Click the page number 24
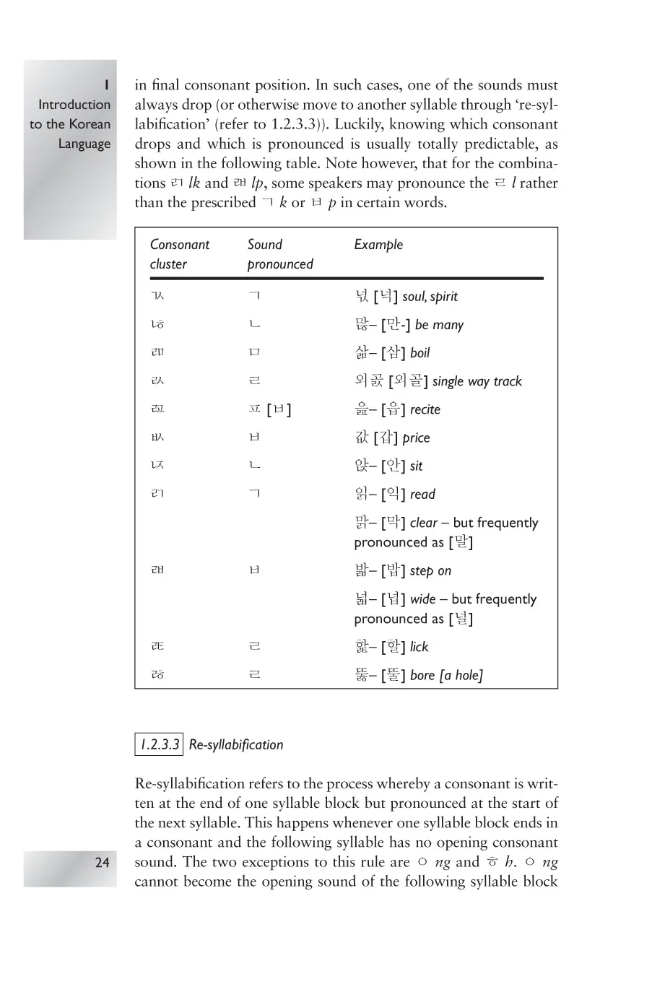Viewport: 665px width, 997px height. [x=102, y=862]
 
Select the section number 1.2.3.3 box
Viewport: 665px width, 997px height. [x=159, y=744]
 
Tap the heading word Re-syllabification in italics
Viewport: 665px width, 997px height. [x=236, y=744]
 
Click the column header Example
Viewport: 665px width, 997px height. [x=378, y=245]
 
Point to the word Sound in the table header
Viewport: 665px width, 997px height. [x=264, y=245]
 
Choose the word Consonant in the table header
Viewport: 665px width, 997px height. [x=179, y=245]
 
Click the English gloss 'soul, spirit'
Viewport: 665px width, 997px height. [x=430, y=297]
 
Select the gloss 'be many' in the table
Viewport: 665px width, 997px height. [x=439, y=325]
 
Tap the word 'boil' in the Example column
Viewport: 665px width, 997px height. [x=420, y=353]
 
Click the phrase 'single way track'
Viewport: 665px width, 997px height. [x=477, y=381]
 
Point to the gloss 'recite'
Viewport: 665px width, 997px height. [x=425, y=410]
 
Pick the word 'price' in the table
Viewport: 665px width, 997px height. [x=416, y=438]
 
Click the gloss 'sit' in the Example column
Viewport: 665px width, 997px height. [x=416, y=466]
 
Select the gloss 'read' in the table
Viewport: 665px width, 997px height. [x=422, y=495]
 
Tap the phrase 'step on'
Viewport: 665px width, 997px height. [x=430, y=571]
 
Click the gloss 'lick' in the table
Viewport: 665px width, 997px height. [x=419, y=647]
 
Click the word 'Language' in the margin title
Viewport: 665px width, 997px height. [x=84, y=144]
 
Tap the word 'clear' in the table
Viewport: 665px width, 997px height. [x=424, y=523]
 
